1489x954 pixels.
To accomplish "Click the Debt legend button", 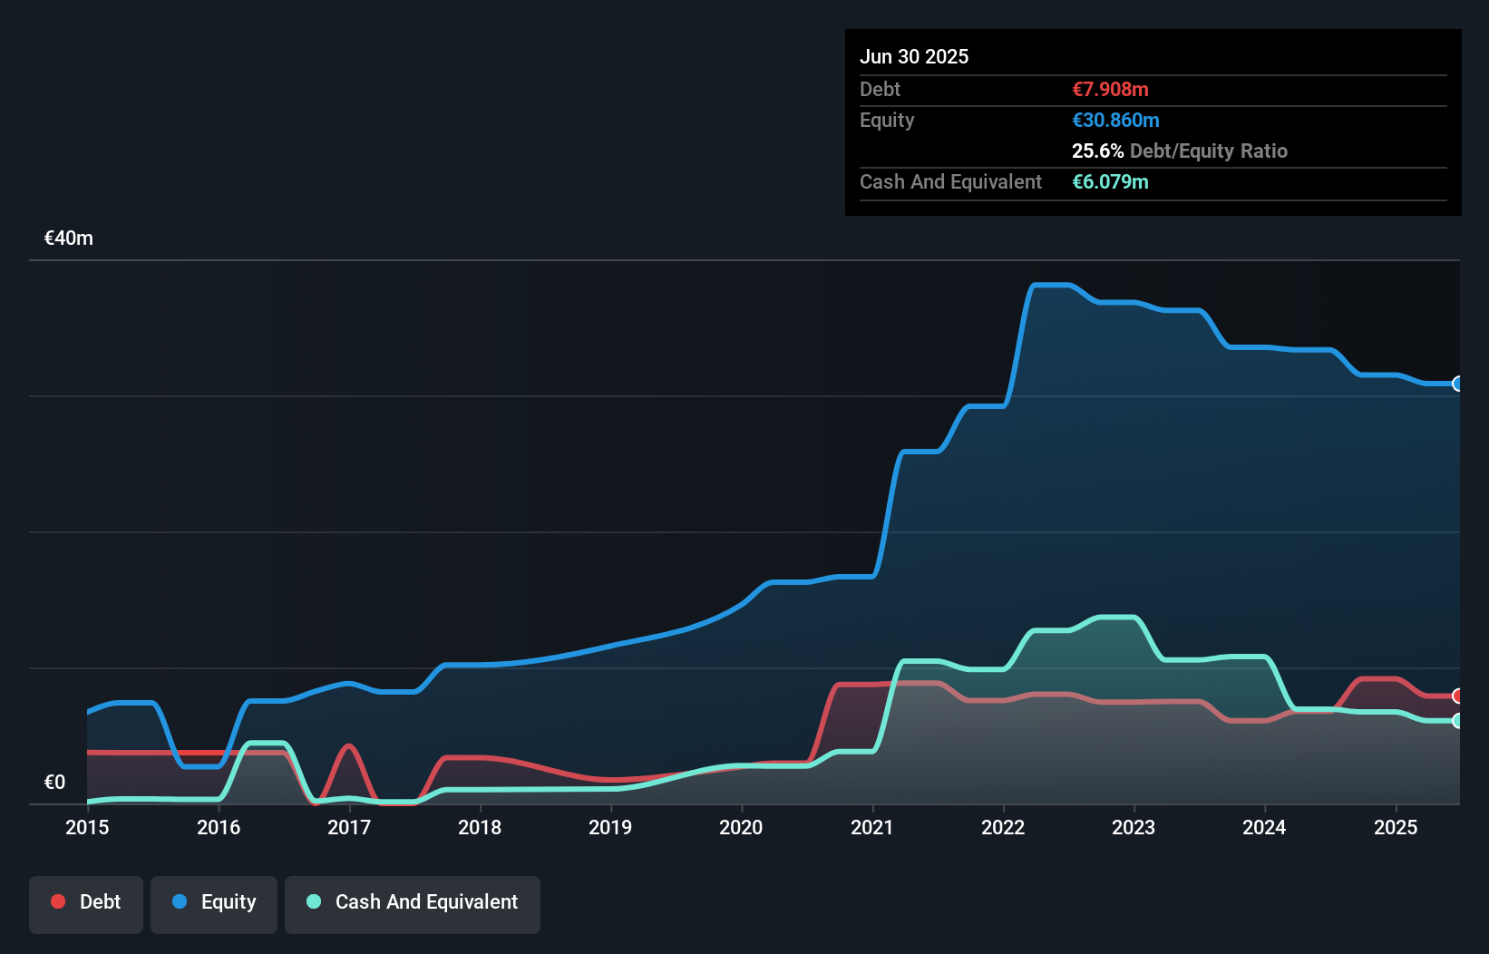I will pyautogui.click(x=86, y=903).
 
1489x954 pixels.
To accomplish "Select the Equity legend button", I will pyautogui.click(x=214, y=903).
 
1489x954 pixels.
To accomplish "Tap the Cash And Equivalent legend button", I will pyautogui.click(x=413, y=903).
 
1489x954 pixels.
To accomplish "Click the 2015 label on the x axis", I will pyautogui.click(x=87, y=828).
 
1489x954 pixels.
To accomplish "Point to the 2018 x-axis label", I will pyautogui.click(x=480, y=828).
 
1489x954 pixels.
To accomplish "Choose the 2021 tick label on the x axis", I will pyautogui.click(x=872, y=828).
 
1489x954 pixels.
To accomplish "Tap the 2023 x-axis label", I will pyautogui.click(x=1134, y=828).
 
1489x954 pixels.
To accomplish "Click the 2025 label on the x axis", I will pyautogui.click(x=1396, y=828).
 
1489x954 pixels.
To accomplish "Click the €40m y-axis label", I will pyautogui.click(x=69, y=238).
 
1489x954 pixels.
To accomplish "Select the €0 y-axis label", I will pyautogui.click(x=55, y=783).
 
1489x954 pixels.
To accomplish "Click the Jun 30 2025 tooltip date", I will pyautogui.click(x=914, y=57).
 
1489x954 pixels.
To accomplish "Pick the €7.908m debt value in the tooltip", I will pyautogui.click(x=1110, y=90).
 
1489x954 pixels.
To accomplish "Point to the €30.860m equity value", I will pyautogui.click(x=1115, y=121).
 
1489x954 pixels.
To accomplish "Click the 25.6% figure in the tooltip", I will pyautogui.click(x=1097, y=151).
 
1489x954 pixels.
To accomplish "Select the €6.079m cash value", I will pyautogui.click(x=1110, y=182).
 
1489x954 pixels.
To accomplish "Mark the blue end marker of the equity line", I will pyautogui.click(x=1457, y=384).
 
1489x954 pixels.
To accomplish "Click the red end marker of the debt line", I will pyautogui.click(x=1457, y=696).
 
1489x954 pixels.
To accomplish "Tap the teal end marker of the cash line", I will pyautogui.click(x=1457, y=721).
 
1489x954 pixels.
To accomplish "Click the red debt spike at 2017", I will pyautogui.click(x=349, y=746).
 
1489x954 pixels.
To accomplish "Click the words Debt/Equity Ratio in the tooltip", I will pyautogui.click(x=1208, y=151).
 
